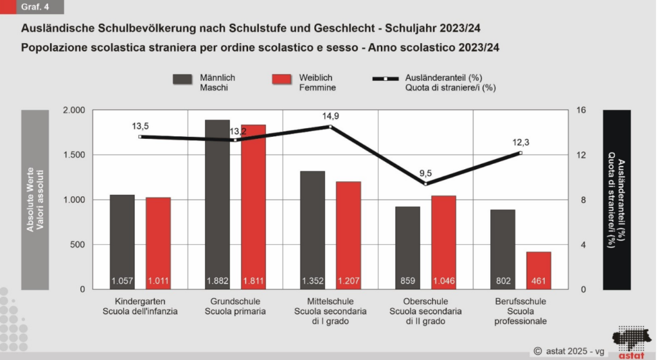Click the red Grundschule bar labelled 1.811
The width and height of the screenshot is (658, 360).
[x=253, y=207]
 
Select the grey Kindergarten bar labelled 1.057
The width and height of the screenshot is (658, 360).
[x=122, y=242]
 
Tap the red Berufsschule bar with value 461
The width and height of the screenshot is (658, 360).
[x=539, y=271]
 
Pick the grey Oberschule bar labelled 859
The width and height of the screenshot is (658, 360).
[x=407, y=248]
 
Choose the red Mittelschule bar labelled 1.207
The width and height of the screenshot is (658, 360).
[x=348, y=235]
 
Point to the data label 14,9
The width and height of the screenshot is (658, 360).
[x=331, y=116]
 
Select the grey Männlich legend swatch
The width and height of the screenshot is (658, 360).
[x=182, y=79]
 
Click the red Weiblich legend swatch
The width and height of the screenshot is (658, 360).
[x=281, y=79]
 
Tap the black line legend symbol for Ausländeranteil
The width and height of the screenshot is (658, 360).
[x=386, y=78]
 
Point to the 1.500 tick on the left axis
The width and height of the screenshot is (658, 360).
[x=74, y=155]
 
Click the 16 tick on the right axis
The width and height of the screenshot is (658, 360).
[x=581, y=110]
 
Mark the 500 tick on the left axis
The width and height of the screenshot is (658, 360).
[x=77, y=245]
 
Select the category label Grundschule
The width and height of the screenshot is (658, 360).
[x=235, y=301]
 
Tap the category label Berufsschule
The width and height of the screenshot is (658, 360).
[x=520, y=301]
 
